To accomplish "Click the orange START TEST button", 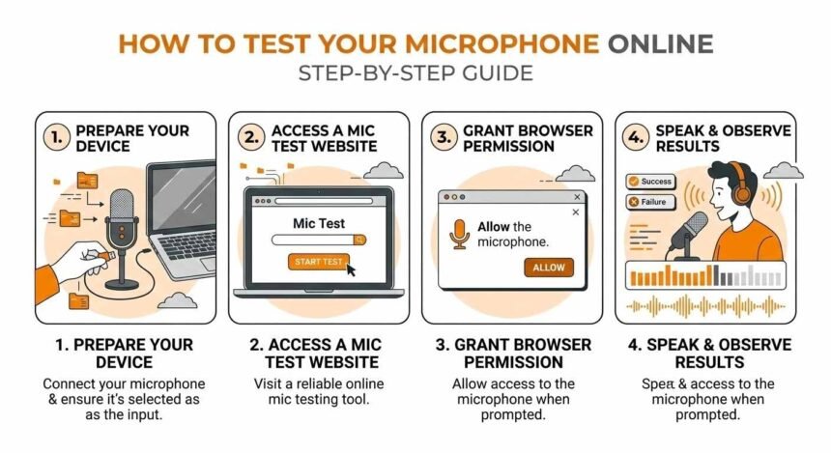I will click(x=318, y=261).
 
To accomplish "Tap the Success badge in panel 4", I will click(x=649, y=181).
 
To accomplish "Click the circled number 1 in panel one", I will click(x=57, y=138).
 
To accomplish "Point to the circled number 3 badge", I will click(x=444, y=138).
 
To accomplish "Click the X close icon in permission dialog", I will click(x=576, y=212).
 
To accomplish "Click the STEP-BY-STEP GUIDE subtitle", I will click(x=415, y=74).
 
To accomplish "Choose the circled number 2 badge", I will click(x=250, y=138).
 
